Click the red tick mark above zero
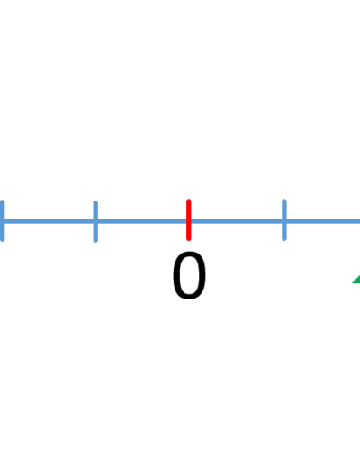[x=189, y=219]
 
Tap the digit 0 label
[x=189, y=275]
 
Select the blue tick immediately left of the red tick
[x=95, y=221]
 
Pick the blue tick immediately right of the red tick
[x=284, y=219]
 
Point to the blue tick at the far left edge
[x=2, y=220]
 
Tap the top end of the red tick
[x=189, y=200]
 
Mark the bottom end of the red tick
[x=189, y=240]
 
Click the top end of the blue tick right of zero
[x=284, y=200]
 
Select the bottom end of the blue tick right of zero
[x=284, y=240]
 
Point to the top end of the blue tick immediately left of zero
[x=95, y=201]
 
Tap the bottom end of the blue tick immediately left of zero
[x=95, y=241]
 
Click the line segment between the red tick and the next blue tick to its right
[x=237, y=221]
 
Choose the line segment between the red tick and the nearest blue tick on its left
[x=142, y=221]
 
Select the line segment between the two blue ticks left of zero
[x=49, y=221]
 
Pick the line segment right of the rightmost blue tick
[x=323, y=221]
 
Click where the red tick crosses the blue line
[x=189, y=221]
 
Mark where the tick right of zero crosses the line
[x=284, y=221]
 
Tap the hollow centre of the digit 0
[x=189, y=275]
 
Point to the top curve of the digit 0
[x=189, y=254]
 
